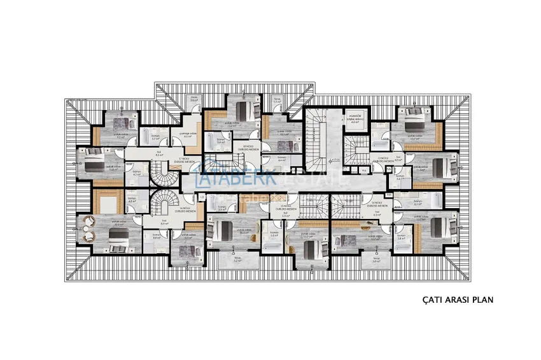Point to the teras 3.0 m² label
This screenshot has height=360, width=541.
click(x=376, y=260)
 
